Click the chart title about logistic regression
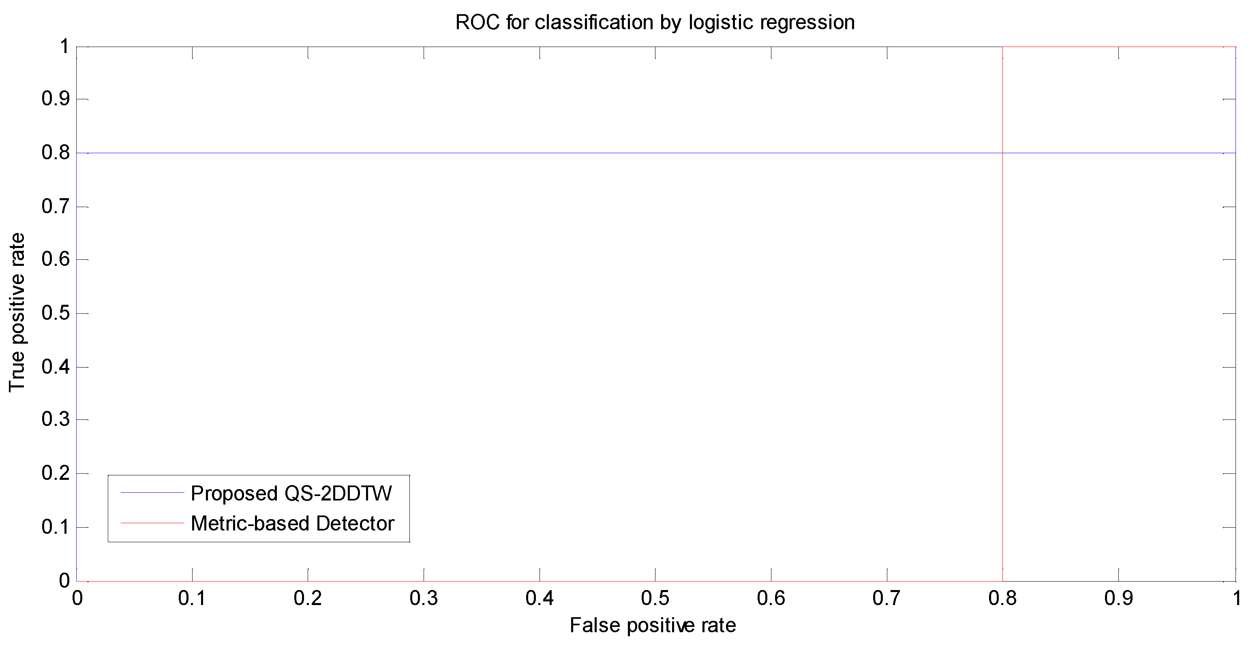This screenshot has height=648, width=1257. pyautogui.click(x=655, y=22)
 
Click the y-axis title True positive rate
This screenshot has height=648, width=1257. pyautogui.click(x=17, y=312)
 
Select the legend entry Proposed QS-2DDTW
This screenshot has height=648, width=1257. pyautogui.click(x=291, y=493)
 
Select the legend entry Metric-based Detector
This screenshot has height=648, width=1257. pyautogui.click(x=292, y=523)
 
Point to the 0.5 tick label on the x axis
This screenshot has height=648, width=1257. pyautogui.click(x=655, y=598)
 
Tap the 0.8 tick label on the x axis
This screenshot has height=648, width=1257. pyautogui.click(x=1002, y=598)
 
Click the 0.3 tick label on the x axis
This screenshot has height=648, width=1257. pyautogui.click(x=424, y=598)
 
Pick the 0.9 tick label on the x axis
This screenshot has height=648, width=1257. pyautogui.click(x=1118, y=598)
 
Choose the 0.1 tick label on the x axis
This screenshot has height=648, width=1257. pyautogui.click(x=192, y=598)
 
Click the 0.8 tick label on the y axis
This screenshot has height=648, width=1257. pyautogui.click(x=56, y=153)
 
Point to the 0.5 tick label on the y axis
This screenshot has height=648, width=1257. pyautogui.click(x=56, y=313)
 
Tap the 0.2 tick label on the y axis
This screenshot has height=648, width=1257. pyautogui.click(x=56, y=473)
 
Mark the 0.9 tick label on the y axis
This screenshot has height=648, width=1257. pyautogui.click(x=56, y=98)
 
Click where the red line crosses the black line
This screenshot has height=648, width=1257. pyautogui.click(x=1002, y=153)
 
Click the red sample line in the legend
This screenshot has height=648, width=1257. pyautogui.click(x=152, y=523)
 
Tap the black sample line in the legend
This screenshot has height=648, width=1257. pyautogui.click(x=152, y=493)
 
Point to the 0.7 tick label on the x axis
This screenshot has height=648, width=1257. pyautogui.click(x=886, y=598)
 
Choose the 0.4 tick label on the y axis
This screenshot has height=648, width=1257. pyautogui.click(x=56, y=366)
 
